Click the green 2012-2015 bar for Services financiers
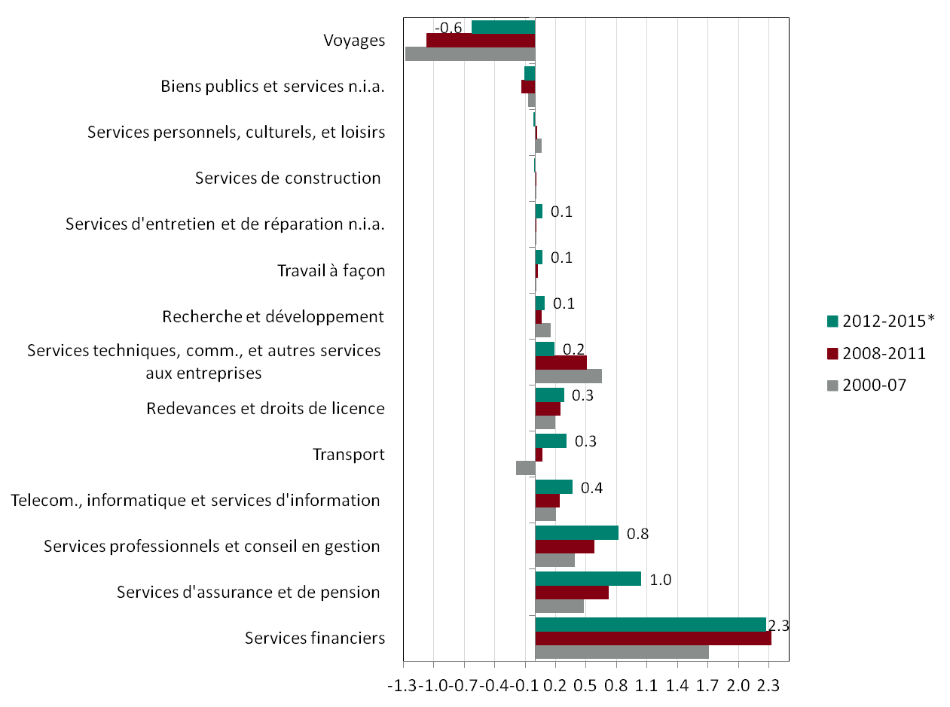click(x=650, y=625)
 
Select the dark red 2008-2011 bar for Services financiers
click(x=653, y=638)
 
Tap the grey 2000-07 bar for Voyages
click(x=470, y=54)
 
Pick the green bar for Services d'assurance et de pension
click(x=588, y=578)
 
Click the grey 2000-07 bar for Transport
click(x=525, y=468)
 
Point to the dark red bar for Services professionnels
click(x=564, y=547)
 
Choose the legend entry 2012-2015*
click(x=881, y=321)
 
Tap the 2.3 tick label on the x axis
click(x=768, y=687)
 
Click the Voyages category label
click(x=354, y=41)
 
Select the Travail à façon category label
click(x=331, y=271)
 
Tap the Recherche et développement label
click(x=273, y=317)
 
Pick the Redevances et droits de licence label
click(x=266, y=409)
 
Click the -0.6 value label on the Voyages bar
click(x=450, y=28)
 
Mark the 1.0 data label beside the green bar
click(x=661, y=580)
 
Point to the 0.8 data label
click(x=638, y=534)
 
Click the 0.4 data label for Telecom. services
click(x=592, y=488)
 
